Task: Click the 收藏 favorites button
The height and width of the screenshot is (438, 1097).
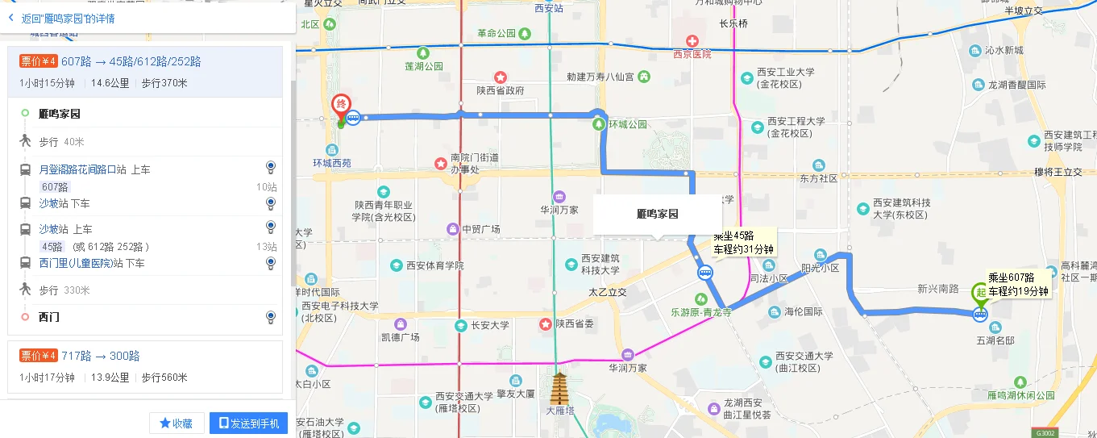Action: (176, 423)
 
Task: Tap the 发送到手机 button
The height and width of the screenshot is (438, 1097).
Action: (248, 423)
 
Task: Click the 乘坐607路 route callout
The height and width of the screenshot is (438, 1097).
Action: (1018, 284)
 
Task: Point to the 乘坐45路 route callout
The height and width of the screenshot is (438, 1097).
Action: (742, 243)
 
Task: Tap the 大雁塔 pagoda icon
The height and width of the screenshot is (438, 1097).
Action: (559, 391)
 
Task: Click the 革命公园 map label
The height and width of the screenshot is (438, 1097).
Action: (497, 34)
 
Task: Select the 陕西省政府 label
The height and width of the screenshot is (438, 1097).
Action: (500, 90)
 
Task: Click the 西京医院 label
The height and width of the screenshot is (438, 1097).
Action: (692, 54)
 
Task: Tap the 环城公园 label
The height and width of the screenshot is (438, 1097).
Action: (628, 124)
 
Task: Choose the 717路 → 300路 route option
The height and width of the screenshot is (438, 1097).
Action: (101, 356)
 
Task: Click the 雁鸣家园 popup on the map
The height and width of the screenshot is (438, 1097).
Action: (657, 215)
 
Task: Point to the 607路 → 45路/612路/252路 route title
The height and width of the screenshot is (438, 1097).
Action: (131, 61)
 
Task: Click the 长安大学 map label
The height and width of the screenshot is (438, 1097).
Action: (490, 325)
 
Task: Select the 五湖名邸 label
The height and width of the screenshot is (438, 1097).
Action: (995, 340)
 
